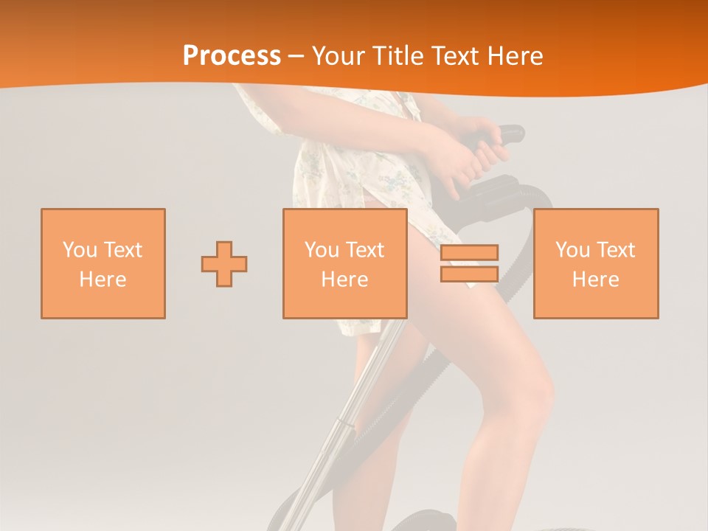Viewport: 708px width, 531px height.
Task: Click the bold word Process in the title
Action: (x=232, y=56)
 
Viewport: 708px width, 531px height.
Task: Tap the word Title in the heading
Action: (x=401, y=56)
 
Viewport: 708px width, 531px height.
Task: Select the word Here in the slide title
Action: (x=515, y=56)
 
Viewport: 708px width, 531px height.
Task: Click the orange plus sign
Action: (x=224, y=264)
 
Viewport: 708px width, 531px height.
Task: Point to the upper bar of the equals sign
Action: (x=469, y=253)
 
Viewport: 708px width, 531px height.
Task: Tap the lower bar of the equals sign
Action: (x=469, y=274)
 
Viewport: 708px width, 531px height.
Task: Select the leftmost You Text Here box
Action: (x=103, y=263)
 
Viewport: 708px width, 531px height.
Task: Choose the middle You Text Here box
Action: (x=345, y=263)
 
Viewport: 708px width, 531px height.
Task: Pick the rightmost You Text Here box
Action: (x=596, y=263)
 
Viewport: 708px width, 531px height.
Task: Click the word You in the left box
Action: (x=80, y=250)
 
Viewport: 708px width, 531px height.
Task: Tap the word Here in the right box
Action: (x=596, y=280)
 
